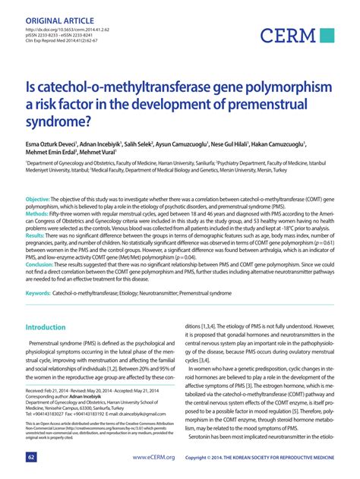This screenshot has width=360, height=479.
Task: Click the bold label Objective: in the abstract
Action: click(37, 199)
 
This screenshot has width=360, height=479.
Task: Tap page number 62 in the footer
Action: click(31, 458)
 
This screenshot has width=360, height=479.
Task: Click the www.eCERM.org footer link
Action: click(153, 458)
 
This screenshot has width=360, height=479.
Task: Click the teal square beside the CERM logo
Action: click(327, 34)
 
